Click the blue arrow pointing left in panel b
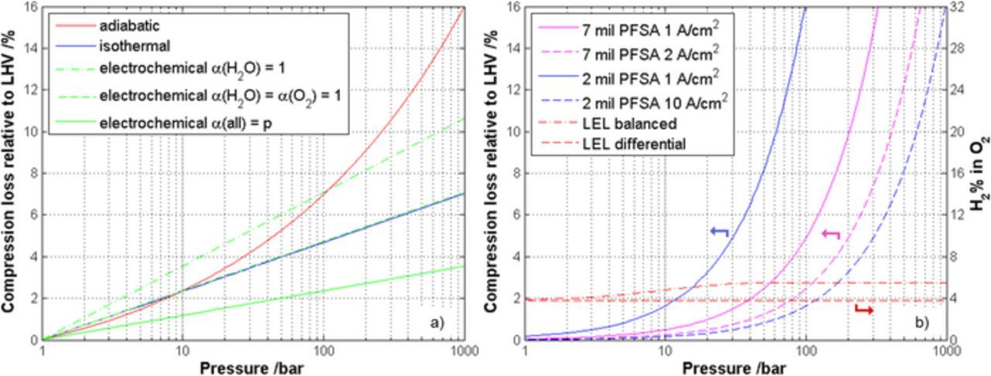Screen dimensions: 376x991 (719, 231)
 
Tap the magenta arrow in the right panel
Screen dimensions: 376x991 (831, 233)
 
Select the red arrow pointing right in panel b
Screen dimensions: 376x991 (864, 310)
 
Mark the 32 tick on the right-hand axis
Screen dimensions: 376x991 (961, 6)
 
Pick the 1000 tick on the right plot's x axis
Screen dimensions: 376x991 (945, 350)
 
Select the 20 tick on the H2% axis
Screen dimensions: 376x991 (961, 131)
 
